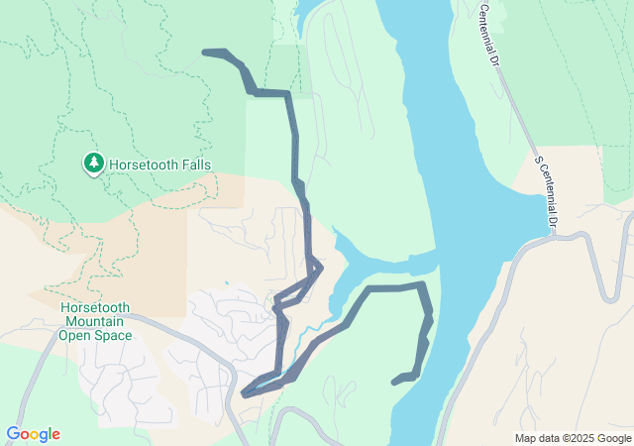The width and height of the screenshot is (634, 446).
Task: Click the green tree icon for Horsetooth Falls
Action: pos(93,163)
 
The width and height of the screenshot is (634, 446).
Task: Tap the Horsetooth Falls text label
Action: pos(160,165)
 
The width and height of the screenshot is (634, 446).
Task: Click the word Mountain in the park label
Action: pos(96,321)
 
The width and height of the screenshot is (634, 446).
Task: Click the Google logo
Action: pos(33,434)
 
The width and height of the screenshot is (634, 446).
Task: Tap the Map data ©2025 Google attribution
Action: pos(573,438)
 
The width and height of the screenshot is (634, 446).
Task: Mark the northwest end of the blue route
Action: pos(205,52)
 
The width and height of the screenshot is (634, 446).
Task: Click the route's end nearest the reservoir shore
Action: pos(395,381)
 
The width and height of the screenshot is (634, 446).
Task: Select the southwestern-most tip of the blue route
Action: pos(245,393)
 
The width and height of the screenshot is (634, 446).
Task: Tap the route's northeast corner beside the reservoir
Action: pos(423,285)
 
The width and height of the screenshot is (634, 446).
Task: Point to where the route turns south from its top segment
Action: pos(288,94)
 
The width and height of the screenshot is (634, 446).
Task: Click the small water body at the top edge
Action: pos(305,12)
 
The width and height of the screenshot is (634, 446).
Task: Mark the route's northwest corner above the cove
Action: pos(370,289)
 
